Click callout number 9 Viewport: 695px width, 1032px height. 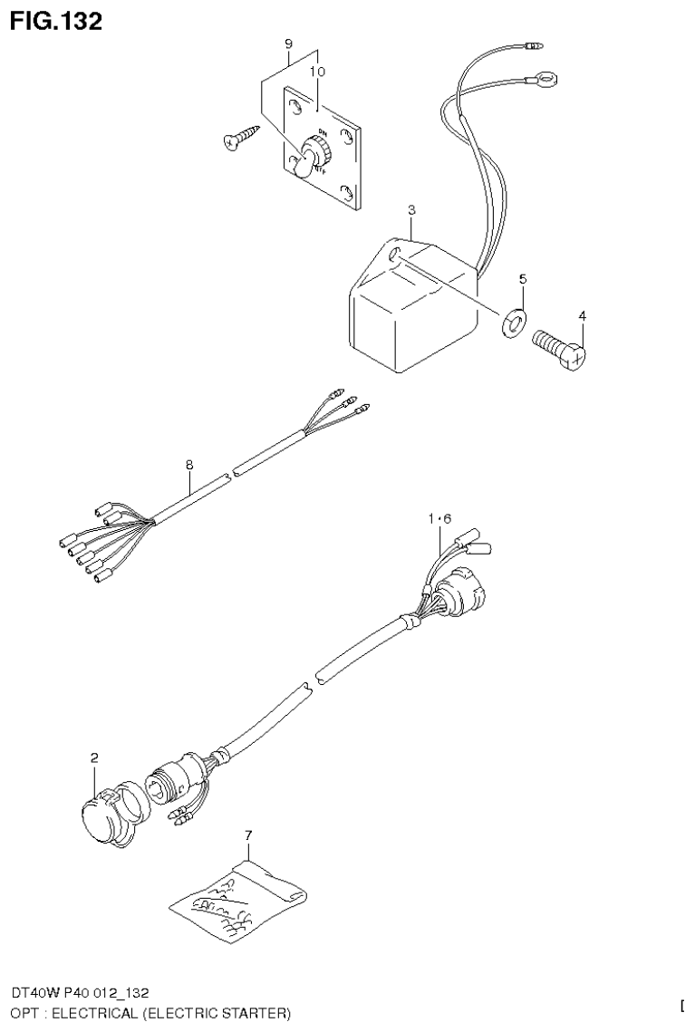point(288,43)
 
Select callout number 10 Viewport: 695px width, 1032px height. point(318,71)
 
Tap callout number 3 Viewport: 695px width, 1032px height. point(411,210)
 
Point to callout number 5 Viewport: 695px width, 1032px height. point(522,278)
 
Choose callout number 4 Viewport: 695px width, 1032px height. point(583,315)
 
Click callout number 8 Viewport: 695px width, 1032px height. point(189,465)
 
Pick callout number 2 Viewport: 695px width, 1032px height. point(94,757)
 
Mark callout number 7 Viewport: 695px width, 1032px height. point(248,833)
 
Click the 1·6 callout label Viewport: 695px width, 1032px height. point(440,518)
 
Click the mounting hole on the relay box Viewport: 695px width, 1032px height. point(394,257)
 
